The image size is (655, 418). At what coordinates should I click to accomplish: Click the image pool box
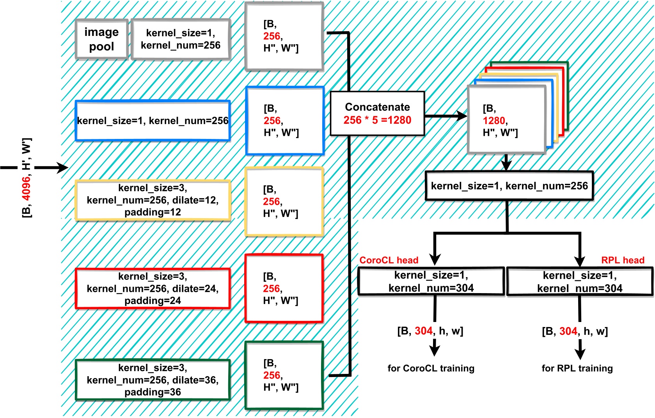[101, 39]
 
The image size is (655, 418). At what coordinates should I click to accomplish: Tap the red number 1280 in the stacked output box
[494, 121]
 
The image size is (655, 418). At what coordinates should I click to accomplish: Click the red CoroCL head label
[389, 260]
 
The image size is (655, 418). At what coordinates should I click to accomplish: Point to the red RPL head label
[623, 260]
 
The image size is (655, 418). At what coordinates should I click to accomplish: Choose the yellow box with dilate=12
[153, 200]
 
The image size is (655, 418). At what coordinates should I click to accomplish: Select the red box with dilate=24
[153, 288]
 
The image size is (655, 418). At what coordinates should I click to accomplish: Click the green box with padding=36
[153, 380]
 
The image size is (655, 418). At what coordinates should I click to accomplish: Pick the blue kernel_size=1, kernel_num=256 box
[153, 121]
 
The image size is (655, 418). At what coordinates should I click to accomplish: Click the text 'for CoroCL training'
[431, 368]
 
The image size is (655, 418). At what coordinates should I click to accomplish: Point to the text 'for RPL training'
[577, 368]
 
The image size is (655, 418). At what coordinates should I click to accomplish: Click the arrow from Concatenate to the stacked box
[445, 116]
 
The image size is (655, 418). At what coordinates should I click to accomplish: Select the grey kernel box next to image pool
[181, 39]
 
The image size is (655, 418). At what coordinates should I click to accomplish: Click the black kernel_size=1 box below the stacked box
[509, 186]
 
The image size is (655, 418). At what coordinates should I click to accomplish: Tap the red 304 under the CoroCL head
[424, 331]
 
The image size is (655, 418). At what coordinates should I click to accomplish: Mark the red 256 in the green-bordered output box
[272, 375]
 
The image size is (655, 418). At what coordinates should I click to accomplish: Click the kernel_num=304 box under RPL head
[580, 282]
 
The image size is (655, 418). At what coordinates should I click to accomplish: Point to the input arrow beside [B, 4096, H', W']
[51, 168]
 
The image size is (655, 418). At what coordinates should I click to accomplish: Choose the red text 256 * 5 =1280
[377, 120]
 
